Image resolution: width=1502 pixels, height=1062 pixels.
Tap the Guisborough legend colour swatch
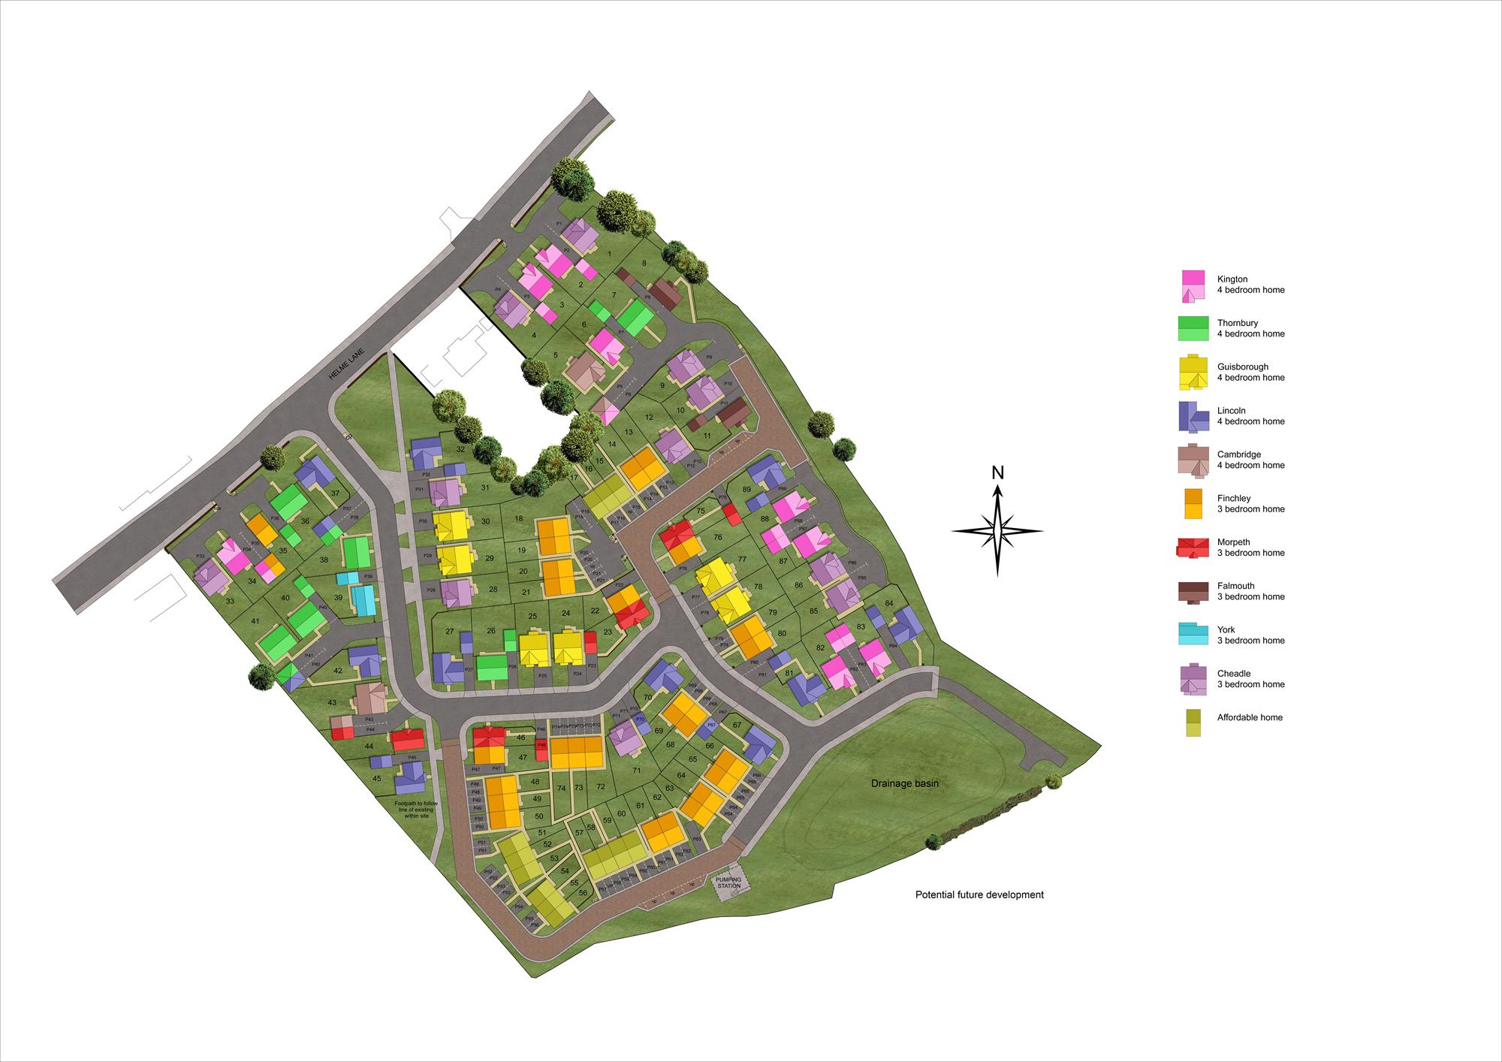1193,373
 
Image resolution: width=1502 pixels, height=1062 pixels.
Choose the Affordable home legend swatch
1193,723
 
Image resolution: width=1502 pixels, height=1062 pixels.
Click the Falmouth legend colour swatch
1193,592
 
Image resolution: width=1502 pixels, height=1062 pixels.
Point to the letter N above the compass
997,472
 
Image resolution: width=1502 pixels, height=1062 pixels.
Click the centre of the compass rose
997,530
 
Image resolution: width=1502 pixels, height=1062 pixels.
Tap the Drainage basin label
905,783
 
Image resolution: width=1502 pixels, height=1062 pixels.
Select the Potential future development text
979,895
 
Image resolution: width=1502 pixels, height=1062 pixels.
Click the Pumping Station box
728,882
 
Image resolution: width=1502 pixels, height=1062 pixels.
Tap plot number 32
460,449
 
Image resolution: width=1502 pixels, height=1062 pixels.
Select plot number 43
332,702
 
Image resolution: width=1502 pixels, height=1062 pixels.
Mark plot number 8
644,263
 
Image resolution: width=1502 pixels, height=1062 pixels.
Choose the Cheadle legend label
1250,679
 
